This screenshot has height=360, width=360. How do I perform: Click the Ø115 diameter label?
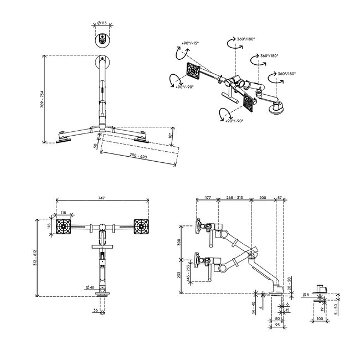pyautogui.click(x=102, y=23)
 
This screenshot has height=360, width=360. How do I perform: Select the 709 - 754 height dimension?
pyautogui.click(x=42, y=99)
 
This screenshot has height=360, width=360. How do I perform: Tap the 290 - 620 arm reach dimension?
pyautogui.click(x=138, y=156)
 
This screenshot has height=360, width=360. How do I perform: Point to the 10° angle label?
pyautogui.click(x=170, y=136)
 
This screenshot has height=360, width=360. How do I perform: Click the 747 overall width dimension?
pyautogui.click(x=101, y=198)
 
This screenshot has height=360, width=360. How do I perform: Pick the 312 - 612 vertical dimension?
pyautogui.click(x=35, y=258)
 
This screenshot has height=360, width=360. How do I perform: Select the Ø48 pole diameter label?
pyautogui.click(x=90, y=287)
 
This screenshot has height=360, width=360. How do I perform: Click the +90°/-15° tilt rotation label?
pyautogui.click(x=190, y=43)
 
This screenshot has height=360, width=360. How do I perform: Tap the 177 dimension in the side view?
pyautogui.click(x=208, y=198)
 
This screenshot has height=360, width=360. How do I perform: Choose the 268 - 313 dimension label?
pyautogui.click(x=234, y=198)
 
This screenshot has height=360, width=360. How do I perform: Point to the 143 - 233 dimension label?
pyautogui.click(x=188, y=271)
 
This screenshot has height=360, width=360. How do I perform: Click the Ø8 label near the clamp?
pyautogui.click(x=306, y=295)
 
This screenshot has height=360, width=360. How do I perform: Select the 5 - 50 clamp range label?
pyautogui.click(x=336, y=310)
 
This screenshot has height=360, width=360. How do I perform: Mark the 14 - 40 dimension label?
pyautogui.click(x=254, y=307)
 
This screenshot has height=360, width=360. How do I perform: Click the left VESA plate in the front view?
pyautogui.click(x=64, y=227)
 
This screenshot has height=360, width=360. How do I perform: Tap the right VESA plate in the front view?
pyautogui.click(x=141, y=227)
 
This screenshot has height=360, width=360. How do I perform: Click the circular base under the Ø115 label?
pyautogui.click(x=102, y=40)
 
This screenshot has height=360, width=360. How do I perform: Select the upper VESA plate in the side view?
pyautogui.click(x=197, y=226)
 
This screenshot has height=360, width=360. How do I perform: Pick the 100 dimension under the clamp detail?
pyautogui.click(x=320, y=318)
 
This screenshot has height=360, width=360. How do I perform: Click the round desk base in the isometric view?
pyautogui.click(x=276, y=108)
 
